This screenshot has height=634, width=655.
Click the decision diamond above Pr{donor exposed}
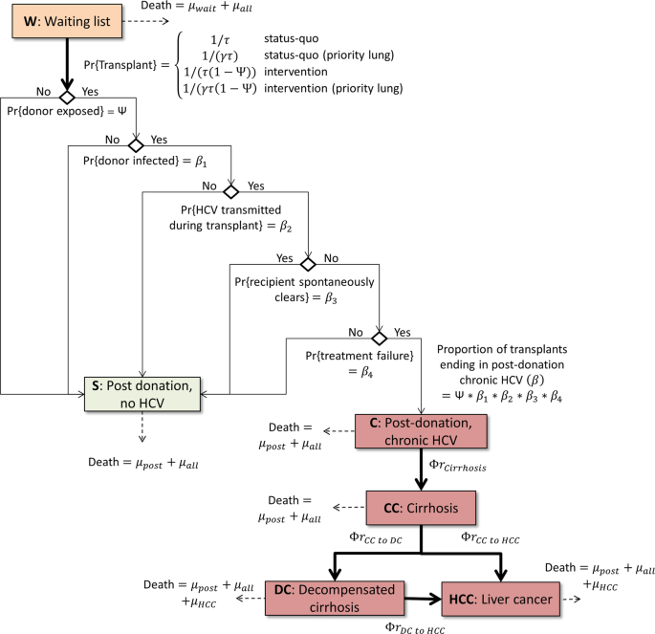[x=66, y=98]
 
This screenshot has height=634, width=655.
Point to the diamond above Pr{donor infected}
[x=136, y=145]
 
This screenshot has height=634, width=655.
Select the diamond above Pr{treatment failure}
[x=379, y=338]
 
